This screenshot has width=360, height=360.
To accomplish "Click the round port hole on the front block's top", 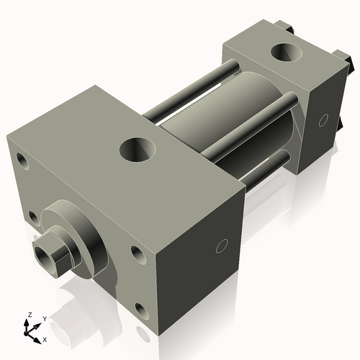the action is [x=138, y=150].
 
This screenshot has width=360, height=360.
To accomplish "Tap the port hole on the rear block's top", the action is [x=287, y=52].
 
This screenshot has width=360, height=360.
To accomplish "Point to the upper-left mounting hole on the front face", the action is [x=22, y=161].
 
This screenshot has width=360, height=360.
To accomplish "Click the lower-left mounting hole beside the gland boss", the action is [x=35, y=218].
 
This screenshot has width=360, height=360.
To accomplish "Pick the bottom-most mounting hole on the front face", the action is [x=143, y=312].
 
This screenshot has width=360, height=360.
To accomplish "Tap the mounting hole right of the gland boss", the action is [x=138, y=255].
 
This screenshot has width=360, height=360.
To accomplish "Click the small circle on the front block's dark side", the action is [x=222, y=246].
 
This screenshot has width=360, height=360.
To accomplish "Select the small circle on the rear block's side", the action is [x=323, y=120].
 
